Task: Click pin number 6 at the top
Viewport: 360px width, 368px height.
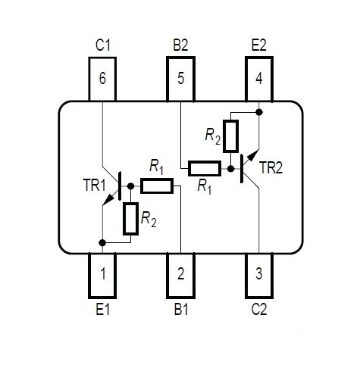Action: tap(102, 80)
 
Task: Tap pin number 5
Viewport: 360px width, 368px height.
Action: tap(180, 80)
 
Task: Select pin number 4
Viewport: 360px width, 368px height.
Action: tap(259, 80)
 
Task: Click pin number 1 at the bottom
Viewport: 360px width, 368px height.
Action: tap(102, 276)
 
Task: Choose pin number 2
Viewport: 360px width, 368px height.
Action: tap(180, 276)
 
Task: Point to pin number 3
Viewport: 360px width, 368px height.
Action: tap(259, 276)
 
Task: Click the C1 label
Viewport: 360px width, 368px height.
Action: tap(103, 45)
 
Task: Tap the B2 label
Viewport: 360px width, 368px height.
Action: tap(180, 45)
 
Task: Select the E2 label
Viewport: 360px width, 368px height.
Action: tap(259, 45)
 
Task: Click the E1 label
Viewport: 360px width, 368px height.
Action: tap(103, 309)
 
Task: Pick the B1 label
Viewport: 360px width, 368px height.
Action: tap(181, 309)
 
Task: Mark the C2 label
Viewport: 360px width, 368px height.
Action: tap(259, 309)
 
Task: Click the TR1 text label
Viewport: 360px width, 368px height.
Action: tap(94, 185)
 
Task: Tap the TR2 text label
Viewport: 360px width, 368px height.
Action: tap(271, 167)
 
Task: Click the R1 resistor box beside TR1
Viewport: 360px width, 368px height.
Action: tap(157, 186)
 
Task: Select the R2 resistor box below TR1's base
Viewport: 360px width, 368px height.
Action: tap(130, 219)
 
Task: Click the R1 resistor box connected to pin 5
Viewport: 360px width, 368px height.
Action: tap(205, 168)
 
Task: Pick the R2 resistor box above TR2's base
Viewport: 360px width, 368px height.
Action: tap(230, 136)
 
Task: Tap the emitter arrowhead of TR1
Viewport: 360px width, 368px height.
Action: tap(108, 200)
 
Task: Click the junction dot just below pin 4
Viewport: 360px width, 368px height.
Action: tap(259, 112)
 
